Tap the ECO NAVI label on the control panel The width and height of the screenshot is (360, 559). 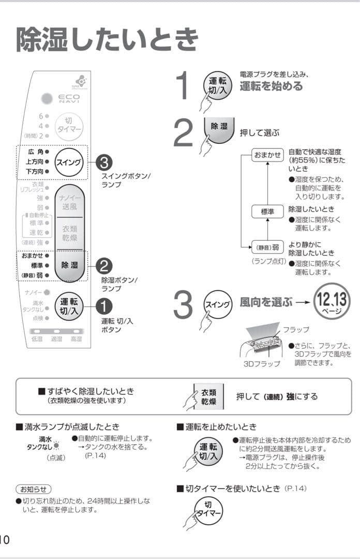pyautogui.click(x=69, y=98)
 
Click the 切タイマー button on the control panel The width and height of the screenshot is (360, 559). pyautogui.click(x=69, y=125)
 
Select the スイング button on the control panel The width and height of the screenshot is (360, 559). pyautogui.click(x=69, y=161)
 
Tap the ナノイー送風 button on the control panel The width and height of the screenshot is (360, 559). pyautogui.click(x=69, y=202)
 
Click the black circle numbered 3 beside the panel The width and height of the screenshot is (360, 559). pyautogui.click(x=103, y=162)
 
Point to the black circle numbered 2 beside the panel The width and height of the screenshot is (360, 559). pyautogui.click(x=103, y=266)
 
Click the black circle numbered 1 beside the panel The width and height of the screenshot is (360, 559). pyautogui.click(x=103, y=306)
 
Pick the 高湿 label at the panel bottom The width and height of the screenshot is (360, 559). pyautogui.click(x=76, y=339)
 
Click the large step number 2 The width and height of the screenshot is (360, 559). pyautogui.click(x=183, y=134)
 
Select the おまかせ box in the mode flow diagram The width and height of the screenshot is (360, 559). pyautogui.click(x=267, y=155)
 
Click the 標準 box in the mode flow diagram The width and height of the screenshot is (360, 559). pyautogui.click(x=267, y=211)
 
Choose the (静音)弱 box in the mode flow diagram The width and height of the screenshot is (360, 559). pyautogui.click(x=267, y=247)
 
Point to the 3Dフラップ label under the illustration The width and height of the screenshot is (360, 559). pyautogui.click(x=262, y=364)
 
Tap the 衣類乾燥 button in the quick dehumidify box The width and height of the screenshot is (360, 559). pyautogui.click(x=209, y=396)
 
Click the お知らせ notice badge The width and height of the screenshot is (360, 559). pyautogui.click(x=34, y=489)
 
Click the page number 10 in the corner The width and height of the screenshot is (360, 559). pyautogui.click(x=5, y=539)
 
